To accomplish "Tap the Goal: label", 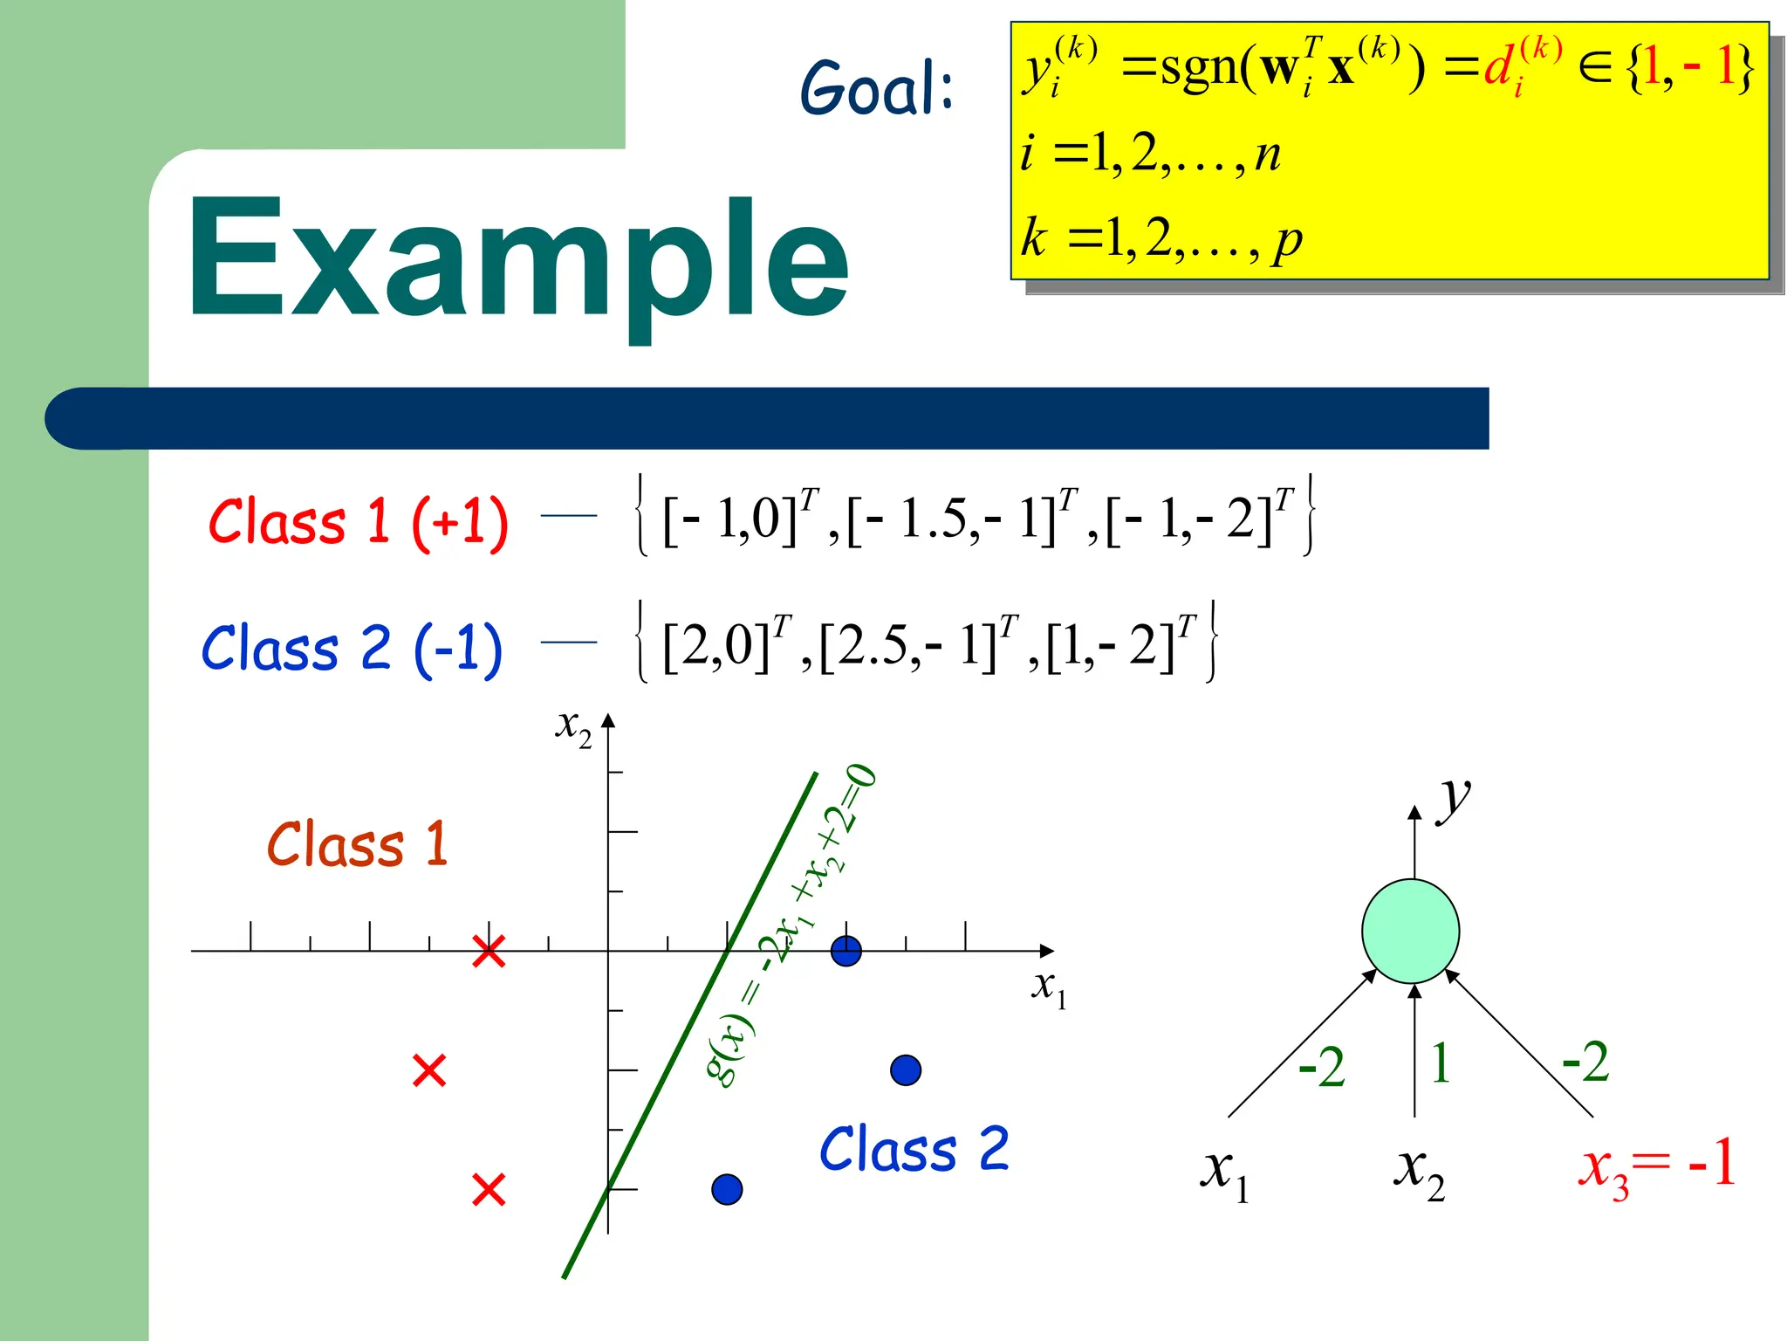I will click(x=877, y=89).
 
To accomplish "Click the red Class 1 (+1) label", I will click(x=358, y=522).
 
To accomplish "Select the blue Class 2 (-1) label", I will click(x=353, y=649).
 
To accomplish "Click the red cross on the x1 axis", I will click(x=489, y=952).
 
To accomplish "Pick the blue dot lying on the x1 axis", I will click(x=846, y=951).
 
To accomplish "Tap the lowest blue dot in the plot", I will click(x=727, y=1189).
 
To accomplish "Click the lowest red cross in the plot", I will click(x=489, y=1189).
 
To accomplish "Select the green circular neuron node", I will click(x=1410, y=931).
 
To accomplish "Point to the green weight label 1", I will click(x=1441, y=1063).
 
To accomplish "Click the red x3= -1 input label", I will click(x=1656, y=1166).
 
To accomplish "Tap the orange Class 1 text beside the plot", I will click(x=358, y=844).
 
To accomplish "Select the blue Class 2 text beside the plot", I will click(x=914, y=1149).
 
